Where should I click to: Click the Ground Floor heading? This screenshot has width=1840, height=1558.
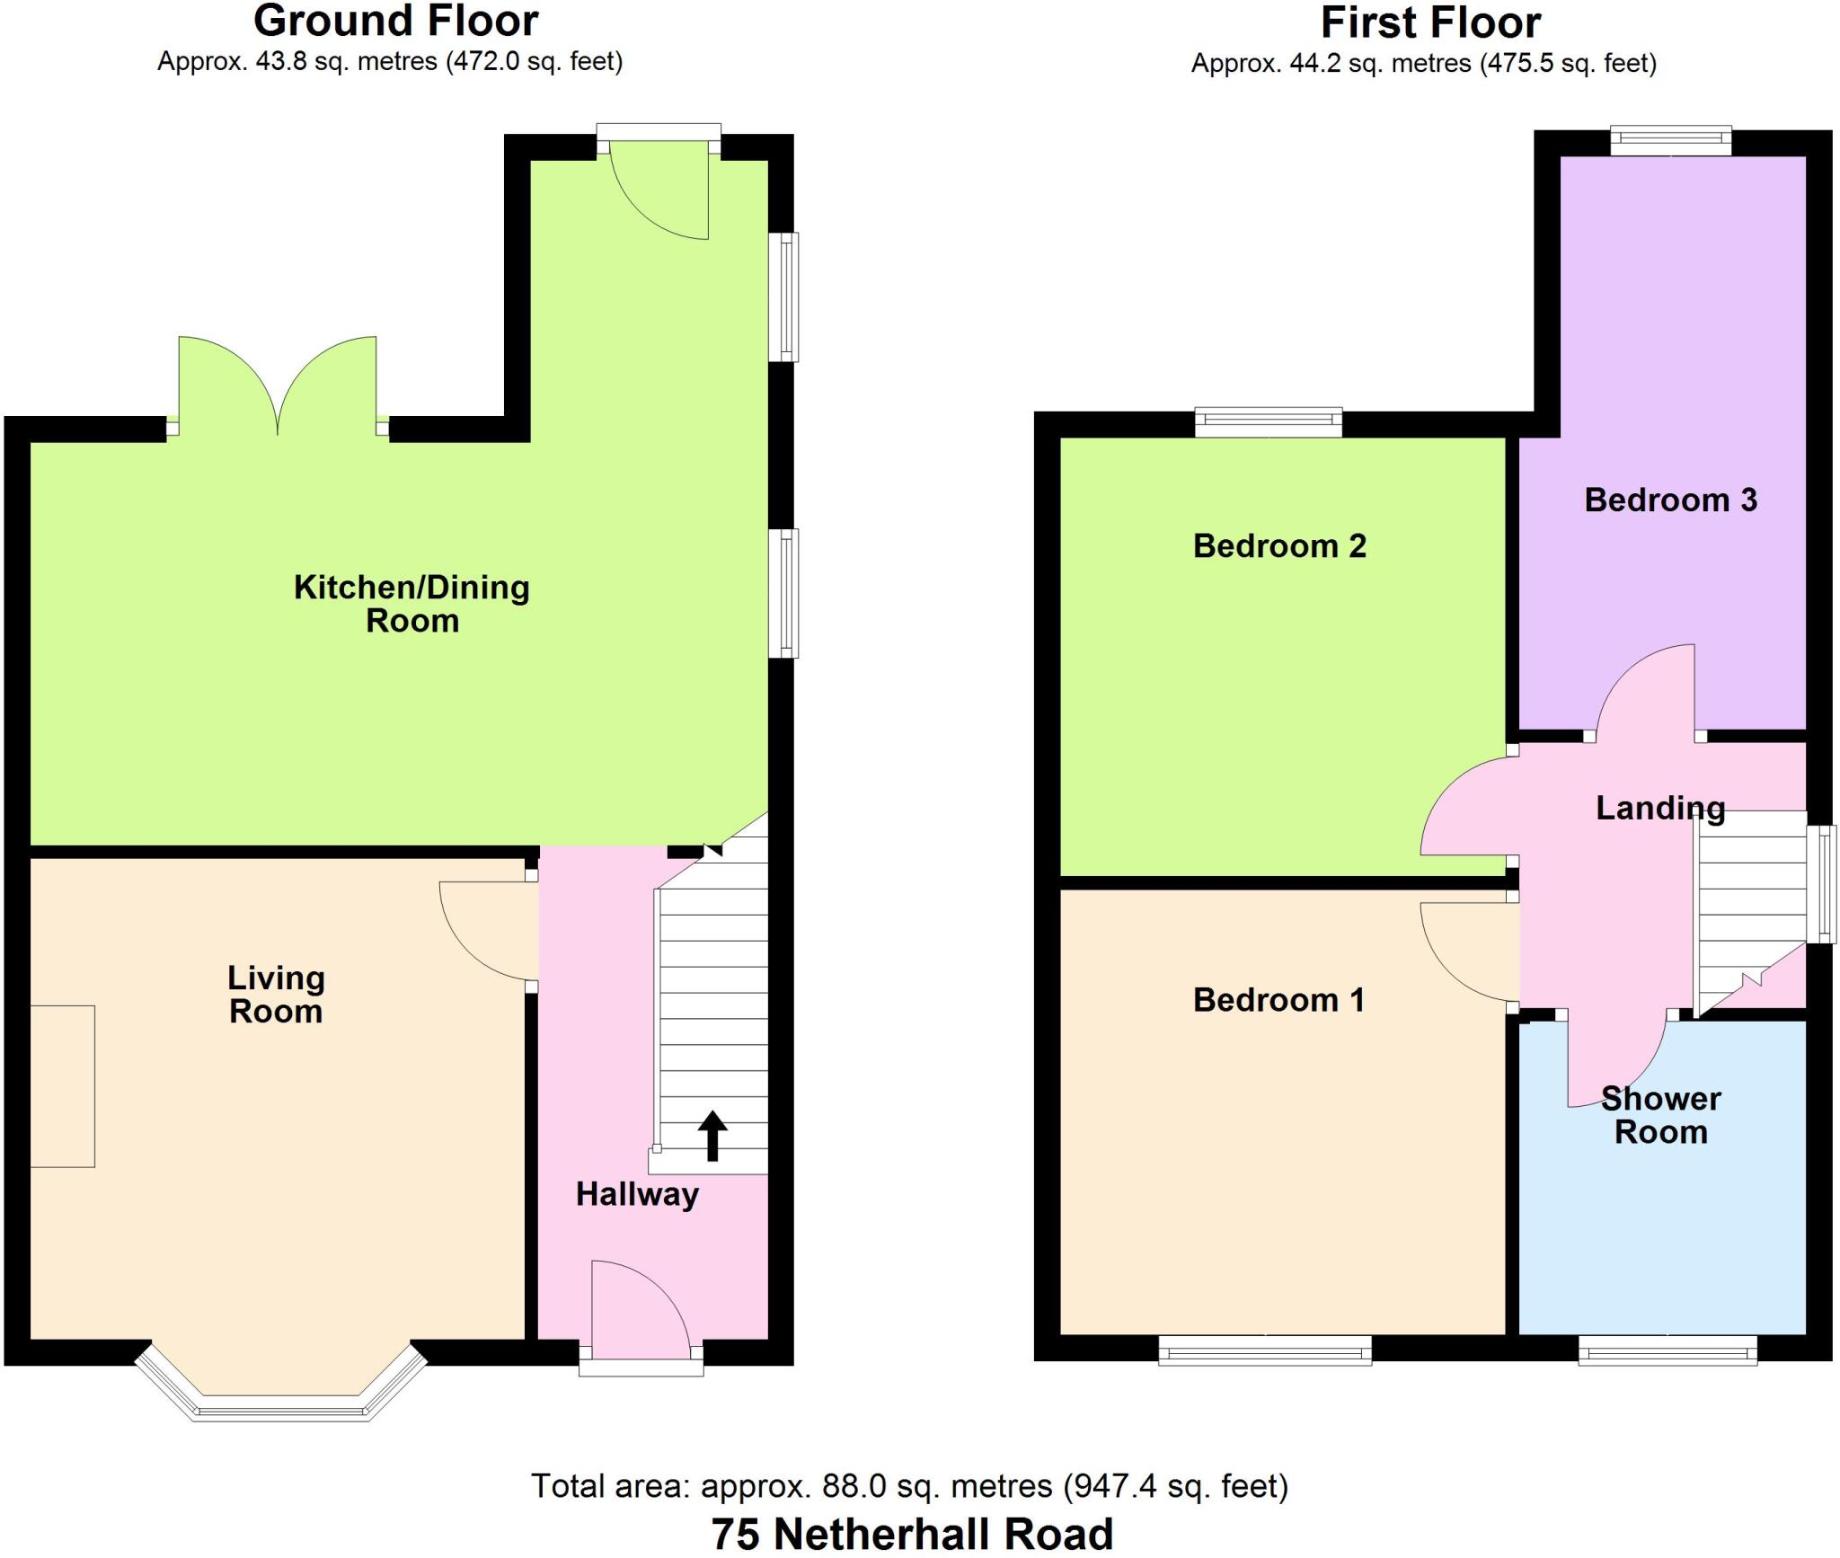pos(395,22)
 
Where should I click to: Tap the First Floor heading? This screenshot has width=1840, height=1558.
pos(1430,23)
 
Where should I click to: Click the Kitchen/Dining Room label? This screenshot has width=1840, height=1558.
pos(411,604)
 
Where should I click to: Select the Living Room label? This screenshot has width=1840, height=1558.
pos(276,995)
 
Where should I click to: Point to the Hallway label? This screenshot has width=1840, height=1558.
pos(637,1194)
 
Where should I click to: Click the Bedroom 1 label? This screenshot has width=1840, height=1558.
pos(1278,999)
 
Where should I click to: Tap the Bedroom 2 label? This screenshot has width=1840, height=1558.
pos(1279,545)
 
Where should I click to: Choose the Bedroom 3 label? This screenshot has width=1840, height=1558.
pos(1670,500)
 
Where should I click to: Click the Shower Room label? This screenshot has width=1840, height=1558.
pos(1660,1115)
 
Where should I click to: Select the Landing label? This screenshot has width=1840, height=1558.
pos(1660,808)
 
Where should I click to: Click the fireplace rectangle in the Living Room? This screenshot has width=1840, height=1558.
pos(62,1086)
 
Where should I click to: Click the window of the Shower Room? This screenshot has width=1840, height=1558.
pos(1667,1350)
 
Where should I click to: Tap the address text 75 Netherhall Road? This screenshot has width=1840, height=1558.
pos(912,1535)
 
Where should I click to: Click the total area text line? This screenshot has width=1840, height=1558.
pos(909,1486)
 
